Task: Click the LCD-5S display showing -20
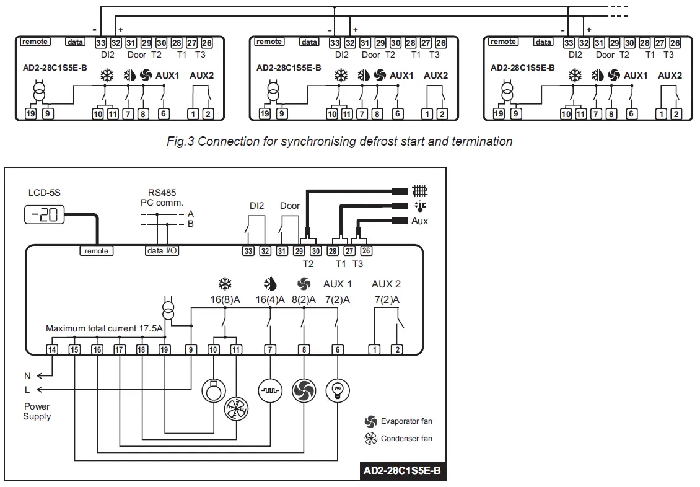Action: point(44,216)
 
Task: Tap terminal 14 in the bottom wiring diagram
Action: point(52,349)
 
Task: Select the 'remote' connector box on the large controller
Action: point(96,251)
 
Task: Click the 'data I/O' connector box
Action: point(162,251)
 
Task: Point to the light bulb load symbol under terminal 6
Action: point(338,390)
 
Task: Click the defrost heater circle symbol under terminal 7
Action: point(270,390)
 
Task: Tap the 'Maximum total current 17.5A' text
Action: point(104,328)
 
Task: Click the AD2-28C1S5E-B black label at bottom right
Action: point(402,471)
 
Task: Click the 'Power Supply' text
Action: point(37,411)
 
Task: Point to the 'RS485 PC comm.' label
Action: point(162,198)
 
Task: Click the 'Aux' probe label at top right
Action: point(419,221)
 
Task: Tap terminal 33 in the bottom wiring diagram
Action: point(248,251)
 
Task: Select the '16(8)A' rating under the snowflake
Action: point(224,300)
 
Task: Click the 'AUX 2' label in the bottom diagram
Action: point(386,284)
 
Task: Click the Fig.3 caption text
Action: point(339,141)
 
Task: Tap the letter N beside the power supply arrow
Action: point(27,375)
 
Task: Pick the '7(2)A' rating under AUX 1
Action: point(338,300)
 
